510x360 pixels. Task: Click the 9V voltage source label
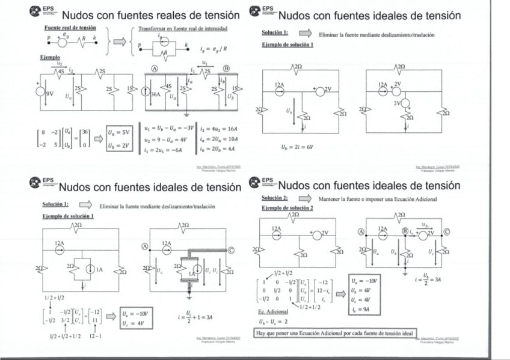point(49,93)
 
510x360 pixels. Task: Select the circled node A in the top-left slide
point(155,69)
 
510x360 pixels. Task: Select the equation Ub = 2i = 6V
point(297,146)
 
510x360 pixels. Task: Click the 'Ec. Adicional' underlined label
point(277,312)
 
